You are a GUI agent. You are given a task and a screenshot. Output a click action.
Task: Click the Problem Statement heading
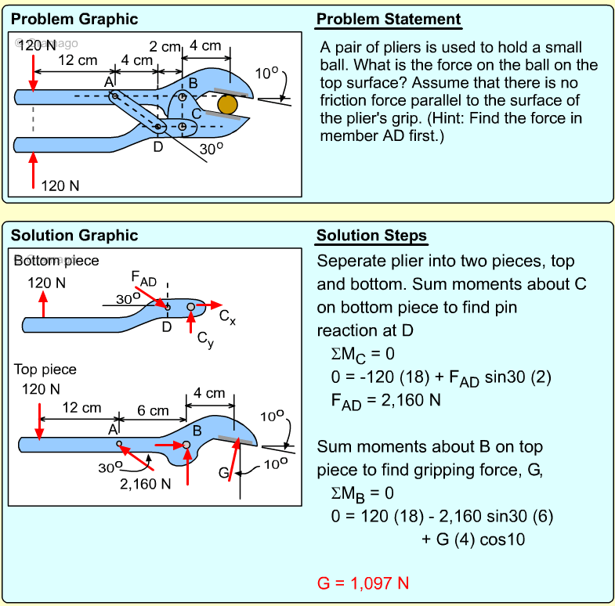coord(389,20)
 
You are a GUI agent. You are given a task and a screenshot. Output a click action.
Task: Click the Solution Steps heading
coord(371,236)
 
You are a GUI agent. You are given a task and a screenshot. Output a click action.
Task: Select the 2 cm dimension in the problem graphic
coord(165,47)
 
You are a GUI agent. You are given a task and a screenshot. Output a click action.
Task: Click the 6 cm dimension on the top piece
coord(153,410)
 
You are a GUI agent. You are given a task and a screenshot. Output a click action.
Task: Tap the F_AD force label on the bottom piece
coord(143,280)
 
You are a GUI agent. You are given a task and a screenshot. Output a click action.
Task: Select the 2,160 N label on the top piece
coord(146,483)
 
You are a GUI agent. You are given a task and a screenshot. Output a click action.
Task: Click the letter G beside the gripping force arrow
coord(223,474)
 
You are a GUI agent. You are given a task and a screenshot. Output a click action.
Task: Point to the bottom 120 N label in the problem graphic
coord(60,186)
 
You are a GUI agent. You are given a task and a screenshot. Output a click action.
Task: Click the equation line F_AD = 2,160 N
coord(385,400)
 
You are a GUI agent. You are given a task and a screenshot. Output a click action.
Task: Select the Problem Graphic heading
coord(74,20)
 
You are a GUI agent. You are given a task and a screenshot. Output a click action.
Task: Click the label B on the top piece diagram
coord(197,430)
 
